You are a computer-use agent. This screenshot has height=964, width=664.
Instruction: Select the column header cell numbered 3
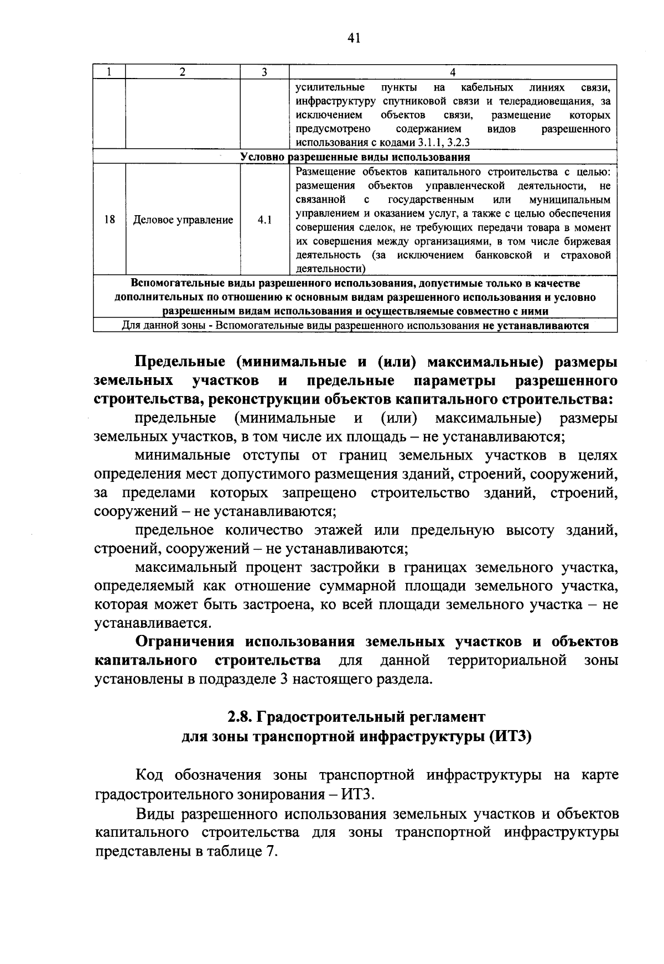[264, 72]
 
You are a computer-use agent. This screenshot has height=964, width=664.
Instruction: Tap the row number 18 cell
[110, 220]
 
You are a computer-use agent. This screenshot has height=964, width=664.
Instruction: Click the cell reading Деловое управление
[183, 220]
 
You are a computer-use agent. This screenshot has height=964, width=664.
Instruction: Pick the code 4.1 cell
[264, 220]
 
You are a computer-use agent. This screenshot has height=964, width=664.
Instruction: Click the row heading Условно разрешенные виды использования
[355, 157]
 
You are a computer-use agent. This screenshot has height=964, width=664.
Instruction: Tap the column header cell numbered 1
[110, 72]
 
